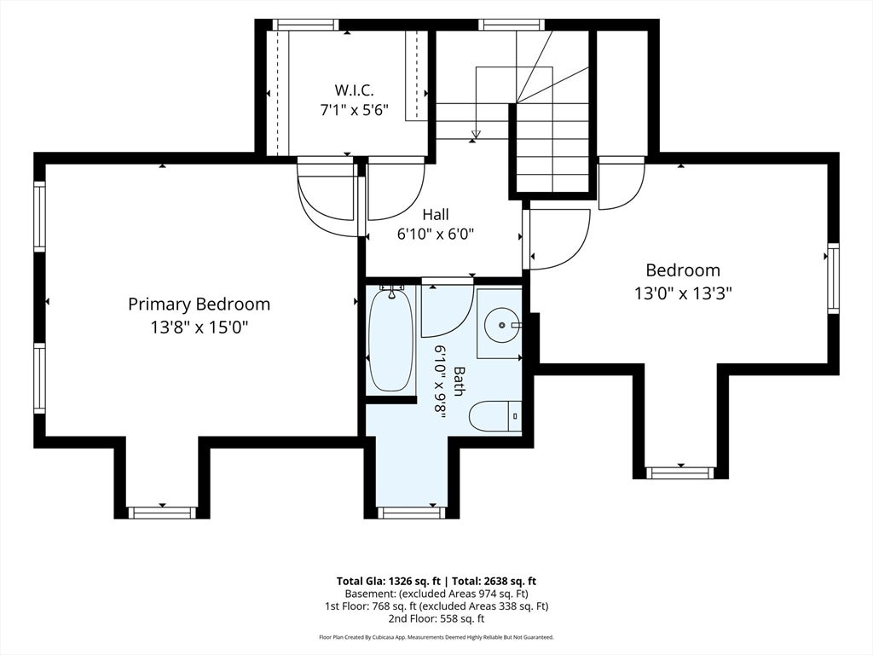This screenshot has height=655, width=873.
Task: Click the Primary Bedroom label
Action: [199, 304]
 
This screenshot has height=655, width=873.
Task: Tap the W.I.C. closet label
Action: [354, 89]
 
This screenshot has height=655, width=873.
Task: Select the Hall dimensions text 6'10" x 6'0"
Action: [435, 235]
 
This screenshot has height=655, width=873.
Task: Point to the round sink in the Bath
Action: [502, 324]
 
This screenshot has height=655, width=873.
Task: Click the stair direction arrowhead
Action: [476, 134]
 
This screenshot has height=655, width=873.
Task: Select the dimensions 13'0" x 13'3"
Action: [683, 293]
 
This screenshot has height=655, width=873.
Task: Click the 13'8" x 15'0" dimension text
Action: [199, 327]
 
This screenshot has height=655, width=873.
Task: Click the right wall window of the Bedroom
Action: [833, 278]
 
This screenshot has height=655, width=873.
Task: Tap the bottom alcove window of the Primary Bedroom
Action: [162, 513]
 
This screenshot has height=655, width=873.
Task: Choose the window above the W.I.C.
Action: [305, 25]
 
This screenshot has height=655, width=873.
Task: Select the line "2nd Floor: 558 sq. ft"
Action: [436, 618]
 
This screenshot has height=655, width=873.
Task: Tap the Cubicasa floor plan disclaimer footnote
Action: [436, 636]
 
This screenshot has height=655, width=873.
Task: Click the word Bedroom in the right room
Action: [683, 270]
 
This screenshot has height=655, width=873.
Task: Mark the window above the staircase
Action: [512, 25]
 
